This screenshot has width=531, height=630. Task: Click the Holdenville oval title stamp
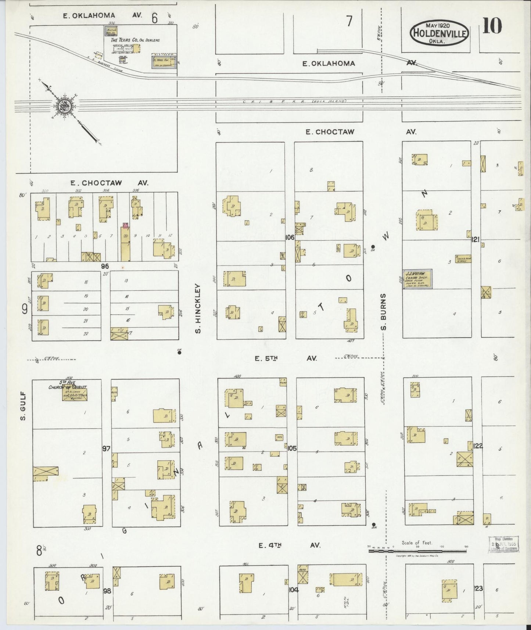pyautogui.click(x=440, y=32)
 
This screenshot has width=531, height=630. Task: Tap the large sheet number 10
pyautogui.click(x=492, y=26)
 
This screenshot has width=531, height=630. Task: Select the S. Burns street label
pyautogui.click(x=383, y=312)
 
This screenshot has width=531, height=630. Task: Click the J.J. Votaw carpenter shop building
pyautogui.click(x=417, y=279)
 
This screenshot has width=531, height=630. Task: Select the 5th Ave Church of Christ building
pyautogui.click(x=75, y=394)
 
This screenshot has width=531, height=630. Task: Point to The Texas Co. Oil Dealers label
pyautogui.click(x=135, y=40)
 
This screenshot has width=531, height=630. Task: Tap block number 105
pyautogui.click(x=292, y=448)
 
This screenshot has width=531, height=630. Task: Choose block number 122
pyautogui.click(x=478, y=446)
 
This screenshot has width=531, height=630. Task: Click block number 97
pyautogui.click(x=107, y=448)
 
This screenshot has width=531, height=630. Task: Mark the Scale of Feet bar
pyautogui.click(x=417, y=551)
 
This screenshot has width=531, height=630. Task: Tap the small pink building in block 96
pyautogui.click(x=125, y=225)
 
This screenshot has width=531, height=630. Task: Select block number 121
pyautogui.click(x=476, y=240)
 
